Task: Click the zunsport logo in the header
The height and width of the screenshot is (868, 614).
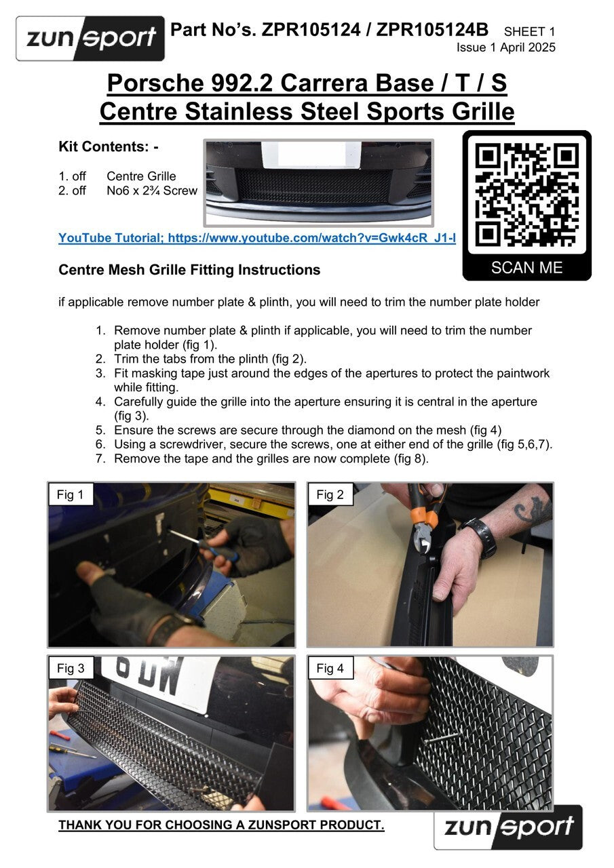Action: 90,39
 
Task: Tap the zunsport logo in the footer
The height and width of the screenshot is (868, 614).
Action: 507,827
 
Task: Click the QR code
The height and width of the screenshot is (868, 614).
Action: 526,195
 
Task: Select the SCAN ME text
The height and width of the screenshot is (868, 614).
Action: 526,267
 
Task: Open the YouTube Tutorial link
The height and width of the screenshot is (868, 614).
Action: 257,237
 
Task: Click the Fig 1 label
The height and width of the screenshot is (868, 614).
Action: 71,494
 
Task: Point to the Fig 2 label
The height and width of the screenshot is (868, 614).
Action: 330,494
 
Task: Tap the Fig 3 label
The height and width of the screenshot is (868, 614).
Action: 71,668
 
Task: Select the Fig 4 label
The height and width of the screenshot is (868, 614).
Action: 330,668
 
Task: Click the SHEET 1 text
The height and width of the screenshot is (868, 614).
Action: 529,31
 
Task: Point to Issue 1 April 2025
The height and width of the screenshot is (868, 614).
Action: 506,47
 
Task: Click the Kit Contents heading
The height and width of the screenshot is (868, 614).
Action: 109,146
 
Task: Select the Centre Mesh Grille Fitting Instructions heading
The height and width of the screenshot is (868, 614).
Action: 189,270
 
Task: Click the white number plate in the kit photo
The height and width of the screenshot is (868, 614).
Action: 312,155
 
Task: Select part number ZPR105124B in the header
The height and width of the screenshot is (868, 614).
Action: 432,30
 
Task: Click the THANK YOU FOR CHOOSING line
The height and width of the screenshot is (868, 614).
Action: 221,825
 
